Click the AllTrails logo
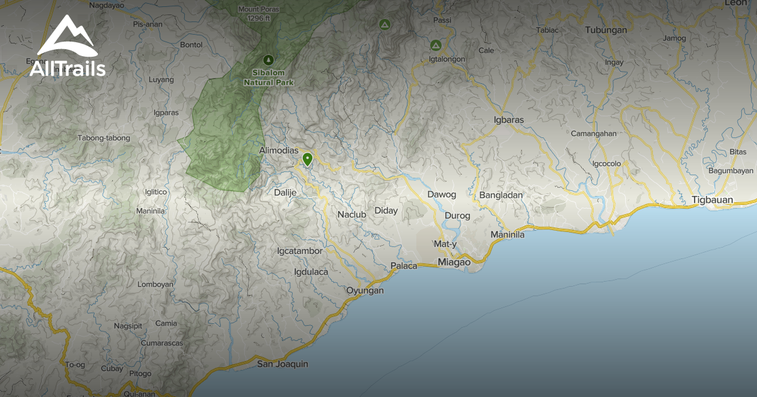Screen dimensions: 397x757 [67, 48]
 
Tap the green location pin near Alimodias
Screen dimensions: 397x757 [307, 158]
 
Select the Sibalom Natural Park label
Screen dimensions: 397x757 [269, 78]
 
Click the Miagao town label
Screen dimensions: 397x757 [454, 262]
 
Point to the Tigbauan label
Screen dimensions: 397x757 [712, 200]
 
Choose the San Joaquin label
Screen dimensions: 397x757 [283, 364]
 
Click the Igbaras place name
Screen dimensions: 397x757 [509, 119]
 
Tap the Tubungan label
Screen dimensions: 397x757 [606, 30]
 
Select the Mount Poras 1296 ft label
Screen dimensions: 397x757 [258, 13]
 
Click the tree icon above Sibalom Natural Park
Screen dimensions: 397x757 [269, 59]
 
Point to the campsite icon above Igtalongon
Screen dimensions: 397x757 [435, 45]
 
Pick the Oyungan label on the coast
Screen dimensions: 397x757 [365, 291]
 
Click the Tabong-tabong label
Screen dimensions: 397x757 [103, 138]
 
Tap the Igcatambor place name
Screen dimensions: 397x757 [300, 251]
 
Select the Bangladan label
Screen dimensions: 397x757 [501, 195]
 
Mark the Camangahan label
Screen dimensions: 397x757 [593, 134]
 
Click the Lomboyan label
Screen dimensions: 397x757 [155, 284]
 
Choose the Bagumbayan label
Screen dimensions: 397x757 [731, 171]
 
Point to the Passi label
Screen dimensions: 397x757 [442, 20]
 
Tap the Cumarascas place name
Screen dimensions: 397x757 [162, 343]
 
